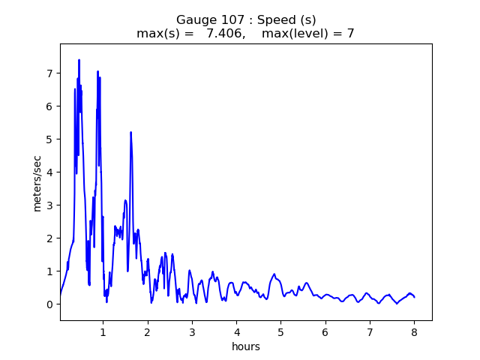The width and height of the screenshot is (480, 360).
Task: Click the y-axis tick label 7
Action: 49,73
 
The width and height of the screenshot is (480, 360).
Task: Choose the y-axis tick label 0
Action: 49,304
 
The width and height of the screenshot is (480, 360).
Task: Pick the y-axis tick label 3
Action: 49,205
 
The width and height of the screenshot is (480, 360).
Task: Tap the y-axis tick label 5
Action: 49,139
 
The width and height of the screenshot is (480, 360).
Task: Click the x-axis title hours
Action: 246,346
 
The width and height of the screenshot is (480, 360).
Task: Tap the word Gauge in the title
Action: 193,19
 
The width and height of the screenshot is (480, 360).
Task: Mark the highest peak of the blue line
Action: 79,60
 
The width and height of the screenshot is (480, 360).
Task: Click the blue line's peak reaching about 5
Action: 130,133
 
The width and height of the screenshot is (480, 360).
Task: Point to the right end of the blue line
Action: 414,297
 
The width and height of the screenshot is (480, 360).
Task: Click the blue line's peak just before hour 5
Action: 274,274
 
